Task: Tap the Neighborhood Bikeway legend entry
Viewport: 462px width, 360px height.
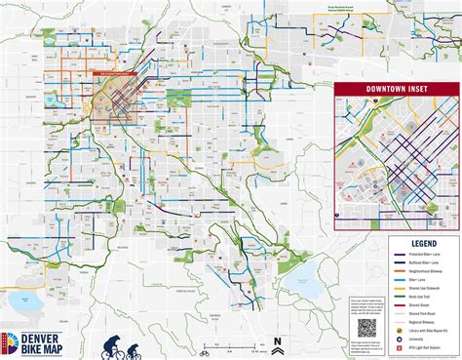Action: pos(425,271)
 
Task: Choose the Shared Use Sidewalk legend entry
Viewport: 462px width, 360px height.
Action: pos(425,289)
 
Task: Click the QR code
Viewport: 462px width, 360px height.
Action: pos(366,328)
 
